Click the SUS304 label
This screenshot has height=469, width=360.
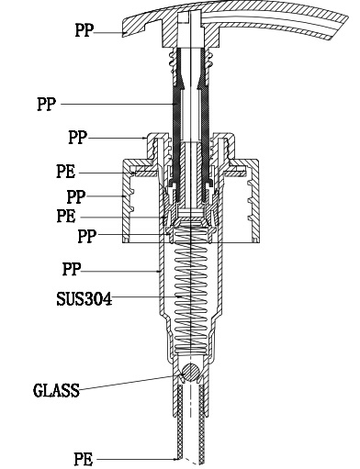[84, 299]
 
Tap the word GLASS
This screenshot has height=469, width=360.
[56, 390]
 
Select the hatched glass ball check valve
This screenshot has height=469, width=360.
[190, 373]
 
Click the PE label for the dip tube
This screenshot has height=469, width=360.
[83, 459]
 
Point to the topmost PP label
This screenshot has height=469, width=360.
[84, 30]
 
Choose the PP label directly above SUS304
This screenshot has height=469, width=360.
[72, 269]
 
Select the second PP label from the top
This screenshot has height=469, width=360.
[47, 104]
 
